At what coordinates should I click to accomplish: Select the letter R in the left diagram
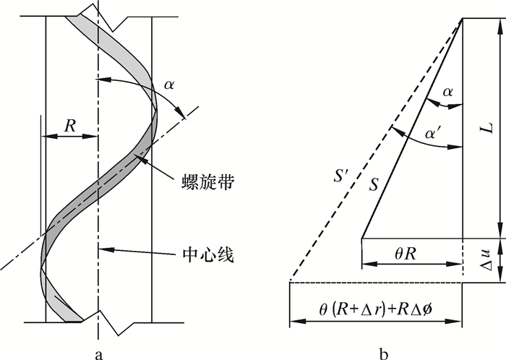(70, 125)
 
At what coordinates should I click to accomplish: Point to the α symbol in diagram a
(169, 85)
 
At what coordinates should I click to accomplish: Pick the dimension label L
(489, 127)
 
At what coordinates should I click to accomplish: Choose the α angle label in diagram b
(448, 92)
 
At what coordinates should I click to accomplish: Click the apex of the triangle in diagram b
(461, 19)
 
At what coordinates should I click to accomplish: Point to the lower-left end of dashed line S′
(290, 281)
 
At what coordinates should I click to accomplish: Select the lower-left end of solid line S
(361, 237)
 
